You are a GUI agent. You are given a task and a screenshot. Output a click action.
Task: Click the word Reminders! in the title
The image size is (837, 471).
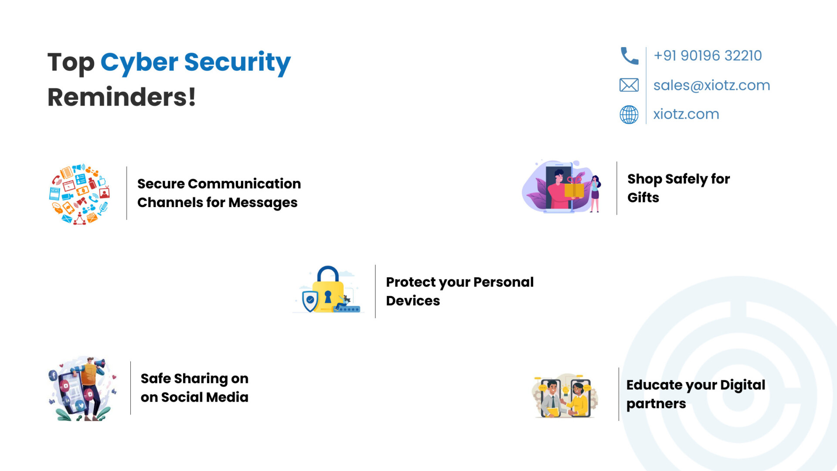[x=122, y=97]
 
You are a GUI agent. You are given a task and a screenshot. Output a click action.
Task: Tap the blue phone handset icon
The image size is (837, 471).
[x=629, y=56]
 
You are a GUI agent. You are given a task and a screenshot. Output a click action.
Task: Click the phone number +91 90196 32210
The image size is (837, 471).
[x=708, y=56]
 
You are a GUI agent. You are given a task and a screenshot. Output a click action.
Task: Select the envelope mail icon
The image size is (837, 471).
[x=629, y=85]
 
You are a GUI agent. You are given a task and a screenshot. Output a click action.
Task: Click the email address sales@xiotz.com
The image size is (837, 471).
[x=711, y=85]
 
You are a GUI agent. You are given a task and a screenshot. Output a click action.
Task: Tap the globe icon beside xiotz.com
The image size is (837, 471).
[x=629, y=115]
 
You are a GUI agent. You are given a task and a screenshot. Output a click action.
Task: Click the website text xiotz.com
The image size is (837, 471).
[x=686, y=114]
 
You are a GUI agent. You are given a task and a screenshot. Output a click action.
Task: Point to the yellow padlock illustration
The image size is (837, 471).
[x=328, y=290]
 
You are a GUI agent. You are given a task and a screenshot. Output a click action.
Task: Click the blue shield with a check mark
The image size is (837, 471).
[x=310, y=301]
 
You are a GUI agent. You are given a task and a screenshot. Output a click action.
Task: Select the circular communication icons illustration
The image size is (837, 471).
[x=79, y=194]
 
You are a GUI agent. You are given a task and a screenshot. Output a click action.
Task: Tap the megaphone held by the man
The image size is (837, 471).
[x=99, y=363]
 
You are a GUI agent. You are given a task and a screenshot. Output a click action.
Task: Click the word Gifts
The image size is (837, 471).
[x=643, y=198]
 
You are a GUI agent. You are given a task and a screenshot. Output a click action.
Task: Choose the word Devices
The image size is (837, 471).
[x=413, y=301]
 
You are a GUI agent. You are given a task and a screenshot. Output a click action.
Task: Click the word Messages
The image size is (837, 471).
[x=263, y=203]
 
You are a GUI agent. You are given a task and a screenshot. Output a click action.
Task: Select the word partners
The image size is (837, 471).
[x=656, y=404]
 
